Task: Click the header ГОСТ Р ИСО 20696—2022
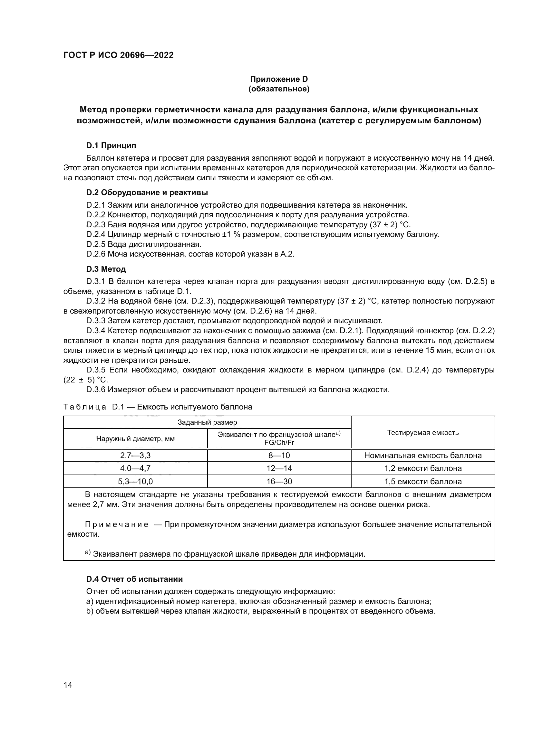click(118, 55)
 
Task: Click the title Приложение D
click(279, 79)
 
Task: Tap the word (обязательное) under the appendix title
click(279, 89)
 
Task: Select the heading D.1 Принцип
click(111, 145)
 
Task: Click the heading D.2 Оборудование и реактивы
click(147, 193)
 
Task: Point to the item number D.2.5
click(96, 244)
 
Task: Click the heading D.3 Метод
click(106, 269)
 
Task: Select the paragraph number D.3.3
click(96, 320)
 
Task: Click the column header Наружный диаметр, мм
click(135, 439)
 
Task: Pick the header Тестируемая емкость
click(423, 432)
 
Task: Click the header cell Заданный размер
click(207, 422)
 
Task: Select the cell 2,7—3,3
click(135, 455)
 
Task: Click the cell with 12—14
click(279, 468)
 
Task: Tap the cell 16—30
click(279, 481)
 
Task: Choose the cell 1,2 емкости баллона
click(423, 468)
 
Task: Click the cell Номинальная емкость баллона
click(423, 455)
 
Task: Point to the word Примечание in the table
click(117, 524)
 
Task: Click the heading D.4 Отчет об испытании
click(135, 579)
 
